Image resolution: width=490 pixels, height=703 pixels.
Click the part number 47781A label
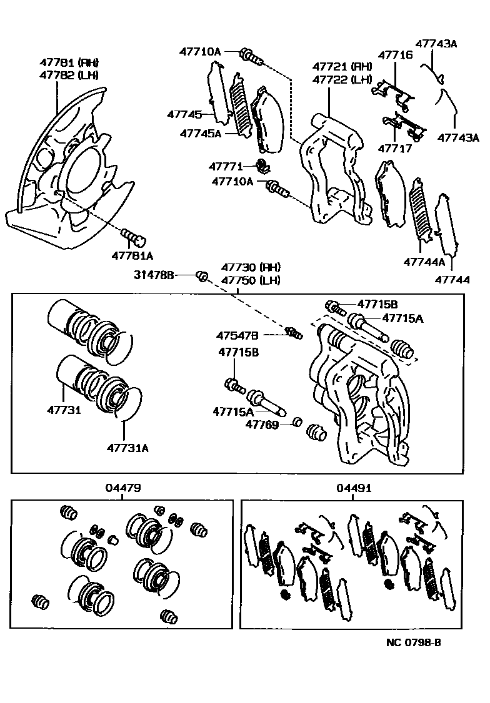132,255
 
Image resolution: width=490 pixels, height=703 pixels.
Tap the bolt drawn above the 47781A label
132,237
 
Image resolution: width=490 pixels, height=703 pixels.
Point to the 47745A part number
200,133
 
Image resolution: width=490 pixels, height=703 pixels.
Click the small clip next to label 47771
264,167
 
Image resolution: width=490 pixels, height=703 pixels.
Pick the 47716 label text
394,55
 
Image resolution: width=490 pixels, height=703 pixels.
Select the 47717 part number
394,149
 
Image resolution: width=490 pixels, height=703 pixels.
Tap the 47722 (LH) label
342,79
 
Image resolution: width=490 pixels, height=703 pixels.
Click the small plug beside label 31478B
202,275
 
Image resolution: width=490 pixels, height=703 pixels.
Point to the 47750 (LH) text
251,280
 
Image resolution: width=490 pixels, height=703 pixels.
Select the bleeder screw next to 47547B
292,333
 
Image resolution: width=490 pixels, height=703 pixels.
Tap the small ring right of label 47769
297,424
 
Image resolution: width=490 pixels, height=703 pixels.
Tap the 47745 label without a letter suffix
184,114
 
